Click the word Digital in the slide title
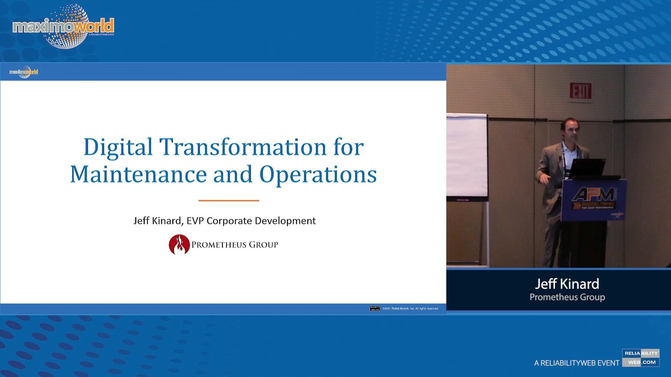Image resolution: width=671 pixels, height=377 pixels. tap(118, 147)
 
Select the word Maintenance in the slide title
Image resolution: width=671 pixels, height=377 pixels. tap(138, 174)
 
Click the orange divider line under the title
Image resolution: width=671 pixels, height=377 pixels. tap(229, 201)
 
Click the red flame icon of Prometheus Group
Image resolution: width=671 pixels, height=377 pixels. tap(179, 244)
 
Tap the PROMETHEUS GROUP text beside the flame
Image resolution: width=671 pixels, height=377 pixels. tap(235, 245)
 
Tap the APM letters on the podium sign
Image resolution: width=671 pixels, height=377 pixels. tap(593, 194)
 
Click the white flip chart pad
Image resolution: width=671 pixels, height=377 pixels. tap(467, 155)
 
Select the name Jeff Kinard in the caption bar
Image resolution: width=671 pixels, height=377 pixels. tap(567, 284)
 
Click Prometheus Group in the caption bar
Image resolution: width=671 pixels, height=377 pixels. tap(567, 297)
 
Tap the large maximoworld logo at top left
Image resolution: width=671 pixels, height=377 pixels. tap(63, 27)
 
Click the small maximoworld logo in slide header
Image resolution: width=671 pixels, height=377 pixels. tap(23, 72)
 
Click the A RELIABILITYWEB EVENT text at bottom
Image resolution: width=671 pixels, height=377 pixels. tap(576, 363)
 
